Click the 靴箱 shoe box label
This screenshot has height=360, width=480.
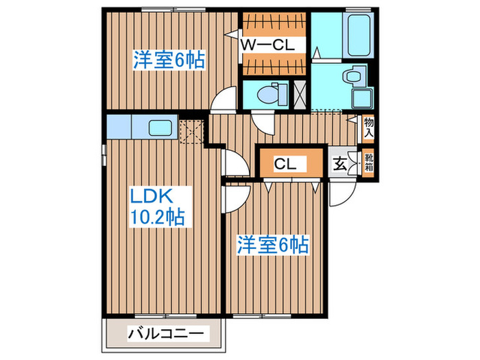coord(369,164)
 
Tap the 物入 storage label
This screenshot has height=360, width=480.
coord(369,127)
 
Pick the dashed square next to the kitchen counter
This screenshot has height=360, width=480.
coord(193,130)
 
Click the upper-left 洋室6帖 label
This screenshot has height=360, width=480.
coord(169,60)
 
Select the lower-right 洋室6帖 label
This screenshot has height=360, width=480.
coord(273,244)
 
